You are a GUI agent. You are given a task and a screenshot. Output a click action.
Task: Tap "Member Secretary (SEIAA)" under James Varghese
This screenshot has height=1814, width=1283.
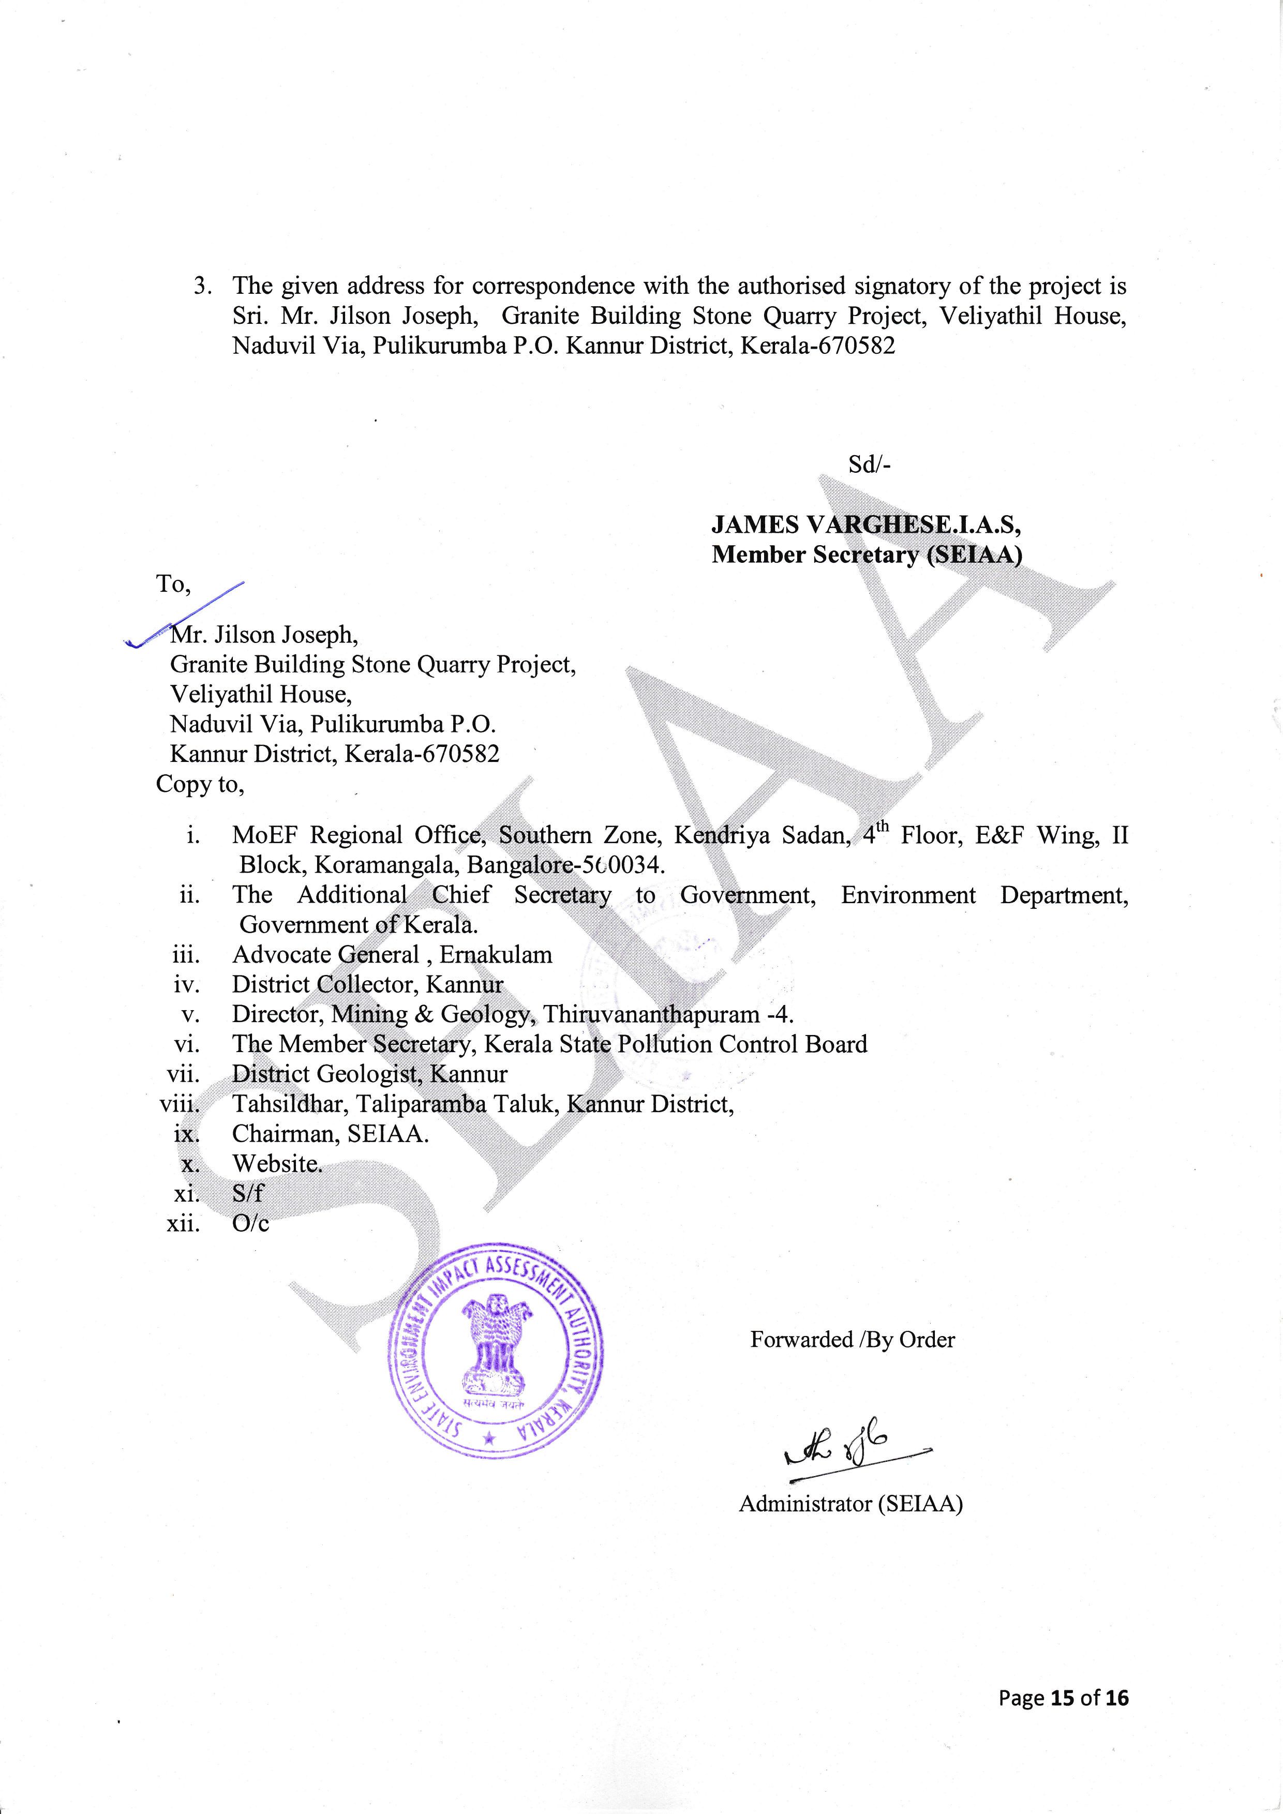pos(867,554)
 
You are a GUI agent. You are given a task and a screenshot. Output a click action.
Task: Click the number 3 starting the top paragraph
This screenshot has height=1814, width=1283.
pos(201,286)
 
